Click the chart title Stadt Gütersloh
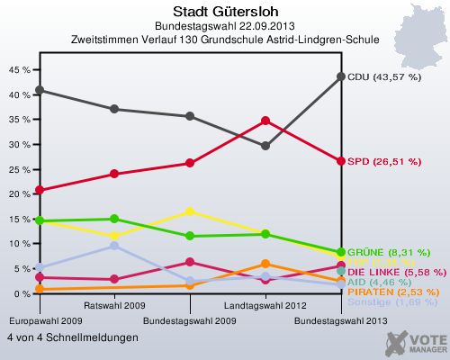coord(225,12)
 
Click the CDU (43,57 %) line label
coord(384,77)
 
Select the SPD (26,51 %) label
coord(384,161)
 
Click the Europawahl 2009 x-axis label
coord(46,320)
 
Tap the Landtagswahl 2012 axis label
coord(265,306)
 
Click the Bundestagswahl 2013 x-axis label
coord(341,320)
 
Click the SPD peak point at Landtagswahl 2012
coord(265,121)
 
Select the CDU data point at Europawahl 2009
coord(39,90)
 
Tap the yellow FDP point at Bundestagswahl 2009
coord(190,211)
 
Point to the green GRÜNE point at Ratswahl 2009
coord(114,219)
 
